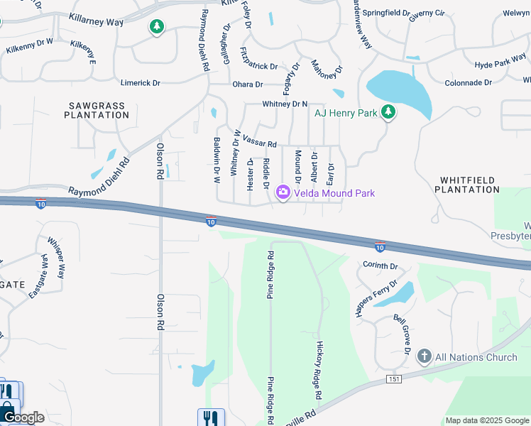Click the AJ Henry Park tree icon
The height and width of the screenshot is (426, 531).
click(388, 111)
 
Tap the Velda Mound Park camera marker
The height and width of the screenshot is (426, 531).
click(283, 192)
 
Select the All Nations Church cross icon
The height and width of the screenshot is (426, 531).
click(425, 356)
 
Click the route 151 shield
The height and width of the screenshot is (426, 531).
click(395, 379)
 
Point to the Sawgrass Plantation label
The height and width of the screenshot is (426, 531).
click(96, 110)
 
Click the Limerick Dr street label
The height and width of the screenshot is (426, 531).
click(140, 83)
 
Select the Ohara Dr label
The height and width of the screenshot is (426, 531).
click(248, 84)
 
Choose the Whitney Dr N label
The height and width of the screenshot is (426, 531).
click(284, 104)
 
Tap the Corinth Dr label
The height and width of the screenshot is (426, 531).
click(381, 266)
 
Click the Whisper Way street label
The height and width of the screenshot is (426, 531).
click(56, 256)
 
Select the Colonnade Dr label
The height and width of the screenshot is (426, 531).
click(468, 83)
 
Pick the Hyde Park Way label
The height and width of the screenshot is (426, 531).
click(500, 64)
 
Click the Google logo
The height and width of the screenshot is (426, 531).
click(23, 417)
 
